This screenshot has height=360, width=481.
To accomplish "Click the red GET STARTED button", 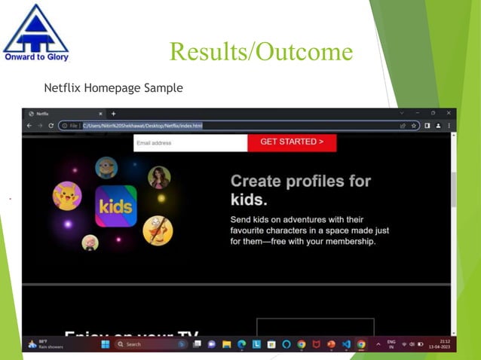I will tap(292, 142).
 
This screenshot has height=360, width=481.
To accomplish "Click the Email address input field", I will tap(190, 142).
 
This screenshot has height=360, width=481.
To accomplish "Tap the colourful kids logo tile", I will tap(116, 206).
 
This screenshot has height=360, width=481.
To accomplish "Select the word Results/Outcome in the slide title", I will tap(261, 51).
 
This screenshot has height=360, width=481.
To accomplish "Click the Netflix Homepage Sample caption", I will tap(113, 88).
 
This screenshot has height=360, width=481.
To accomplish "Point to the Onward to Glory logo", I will tap(35, 32).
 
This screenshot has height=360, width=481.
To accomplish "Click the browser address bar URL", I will tap(142, 126).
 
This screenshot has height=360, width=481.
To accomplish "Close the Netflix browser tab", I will tap(100, 114).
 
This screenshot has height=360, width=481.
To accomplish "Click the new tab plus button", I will tap(114, 114).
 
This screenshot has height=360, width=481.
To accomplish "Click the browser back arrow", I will tap(30, 126).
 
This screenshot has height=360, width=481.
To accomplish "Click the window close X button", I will tap(449, 113).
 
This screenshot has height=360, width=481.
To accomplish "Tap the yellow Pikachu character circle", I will tap(67, 197).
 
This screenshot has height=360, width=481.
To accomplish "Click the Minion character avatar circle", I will tap(106, 167).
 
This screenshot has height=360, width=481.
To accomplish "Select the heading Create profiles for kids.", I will tap(300, 190).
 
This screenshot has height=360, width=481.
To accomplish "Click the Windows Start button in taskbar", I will tap(105, 344).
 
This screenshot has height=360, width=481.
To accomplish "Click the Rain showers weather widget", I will tap(47, 344).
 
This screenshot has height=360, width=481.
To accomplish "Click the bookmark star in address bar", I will tap(414, 126).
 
